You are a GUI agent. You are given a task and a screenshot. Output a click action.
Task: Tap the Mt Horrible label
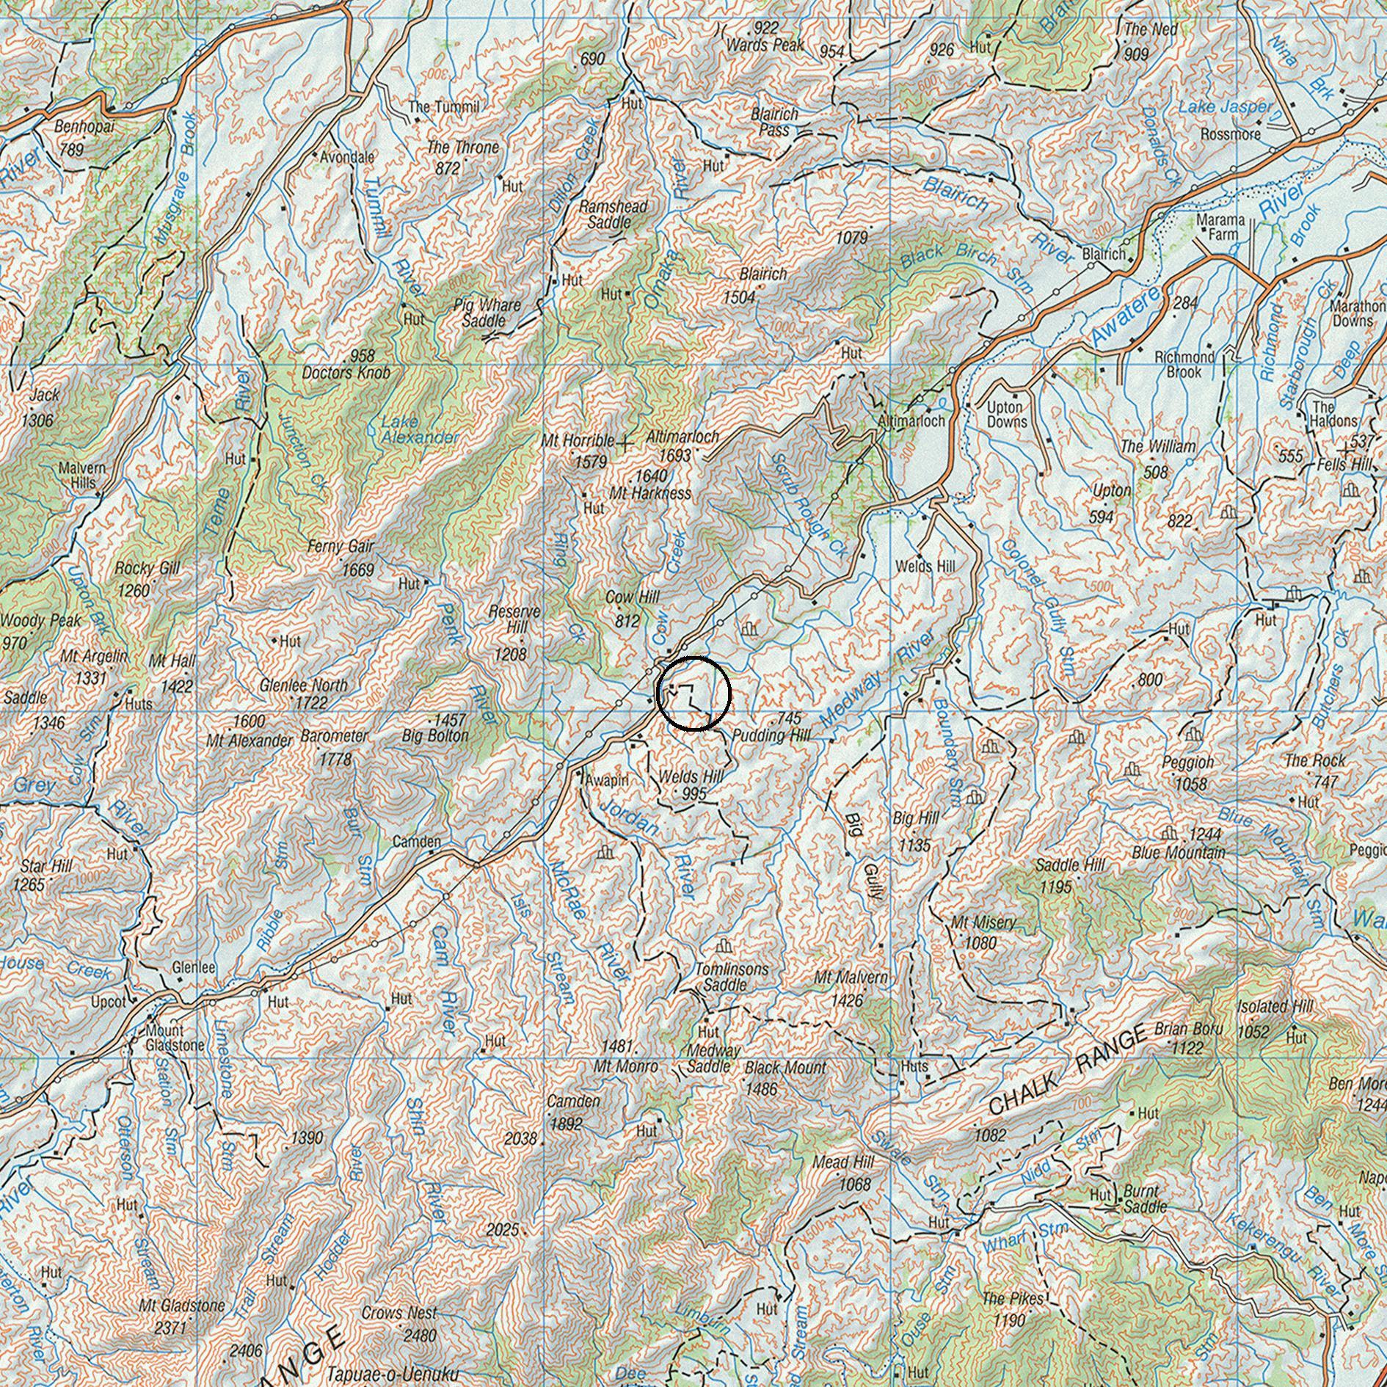pos(578,441)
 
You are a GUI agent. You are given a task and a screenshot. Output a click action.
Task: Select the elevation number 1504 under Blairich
pos(739,297)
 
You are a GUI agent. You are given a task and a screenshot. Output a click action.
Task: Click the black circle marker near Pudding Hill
pos(693,694)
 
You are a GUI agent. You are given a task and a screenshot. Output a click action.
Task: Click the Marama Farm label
pos(1220,227)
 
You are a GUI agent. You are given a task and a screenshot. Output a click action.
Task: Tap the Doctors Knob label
pos(346,373)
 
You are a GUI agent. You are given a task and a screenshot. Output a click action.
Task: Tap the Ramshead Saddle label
pos(614,214)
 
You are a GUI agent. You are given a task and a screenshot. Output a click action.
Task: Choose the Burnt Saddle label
pos(1141,1199)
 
